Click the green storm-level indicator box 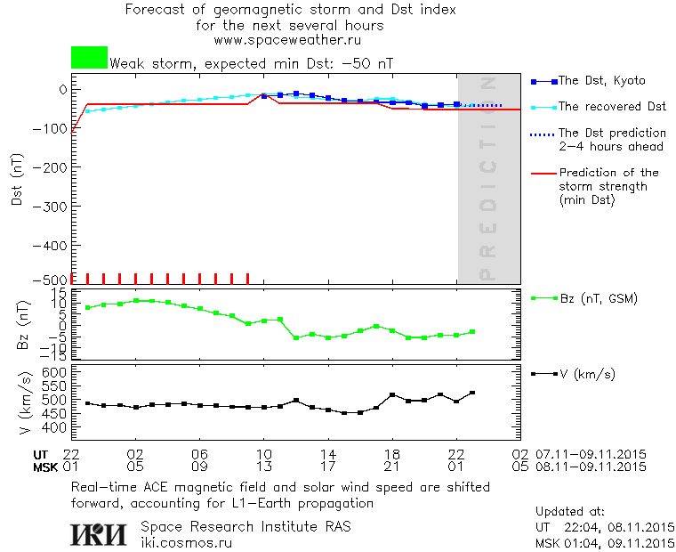(89, 58)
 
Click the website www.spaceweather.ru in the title (287, 41)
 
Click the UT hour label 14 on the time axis (328, 453)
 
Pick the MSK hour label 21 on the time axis (392, 466)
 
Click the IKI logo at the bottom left (100, 533)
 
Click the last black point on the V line (472, 393)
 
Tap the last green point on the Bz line (472, 331)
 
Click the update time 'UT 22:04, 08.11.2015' (605, 527)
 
